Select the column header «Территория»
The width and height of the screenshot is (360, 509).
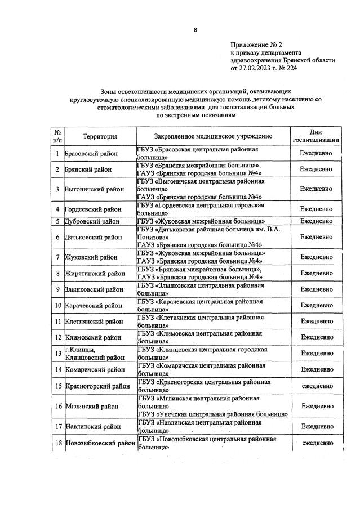pos(100,136)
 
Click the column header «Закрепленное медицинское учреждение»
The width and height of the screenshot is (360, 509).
pos(213,136)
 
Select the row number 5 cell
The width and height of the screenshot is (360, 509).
pos(57,221)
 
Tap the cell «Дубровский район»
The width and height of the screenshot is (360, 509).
pos(92,221)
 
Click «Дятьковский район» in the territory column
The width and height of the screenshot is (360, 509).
pos(93,237)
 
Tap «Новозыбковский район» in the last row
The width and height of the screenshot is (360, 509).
pos(100,444)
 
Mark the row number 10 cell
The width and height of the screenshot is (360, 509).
pos(57,306)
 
